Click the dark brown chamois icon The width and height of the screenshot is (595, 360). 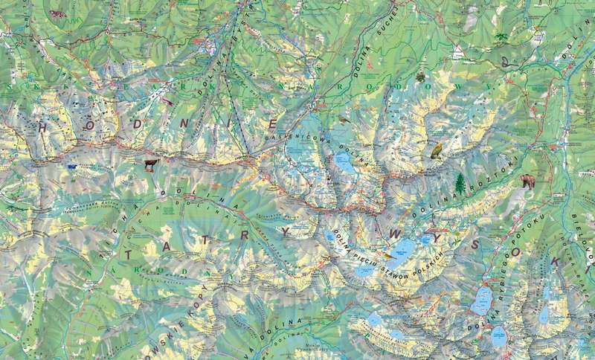pyautogui.click(x=149, y=164)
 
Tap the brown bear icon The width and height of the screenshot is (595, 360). pyautogui.click(x=527, y=181)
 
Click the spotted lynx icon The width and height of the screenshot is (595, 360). pyautogui.click(x=56, y=13)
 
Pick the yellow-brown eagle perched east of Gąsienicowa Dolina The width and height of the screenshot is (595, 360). pyautogui.click(x=437, y=151)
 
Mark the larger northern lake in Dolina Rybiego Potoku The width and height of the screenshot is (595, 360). pyautogui.click(x=482, y=300)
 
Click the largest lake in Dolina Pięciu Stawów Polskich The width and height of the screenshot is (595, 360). pyautogui.click(x=401, y=250)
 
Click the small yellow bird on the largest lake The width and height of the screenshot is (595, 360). pyautogui.click(x=387, y=255)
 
